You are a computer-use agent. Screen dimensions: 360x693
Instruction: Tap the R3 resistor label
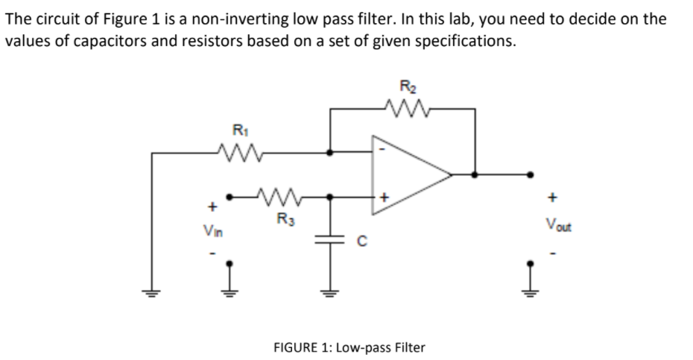(284, 219)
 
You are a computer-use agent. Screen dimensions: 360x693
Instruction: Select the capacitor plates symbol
(330, 240)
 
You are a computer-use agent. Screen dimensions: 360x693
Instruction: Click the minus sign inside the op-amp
(382, 148)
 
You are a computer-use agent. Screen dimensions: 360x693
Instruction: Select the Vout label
(555, 224)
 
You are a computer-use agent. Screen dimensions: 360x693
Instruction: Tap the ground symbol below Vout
(530, 287)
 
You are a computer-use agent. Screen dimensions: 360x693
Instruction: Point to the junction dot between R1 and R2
(330, 154)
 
